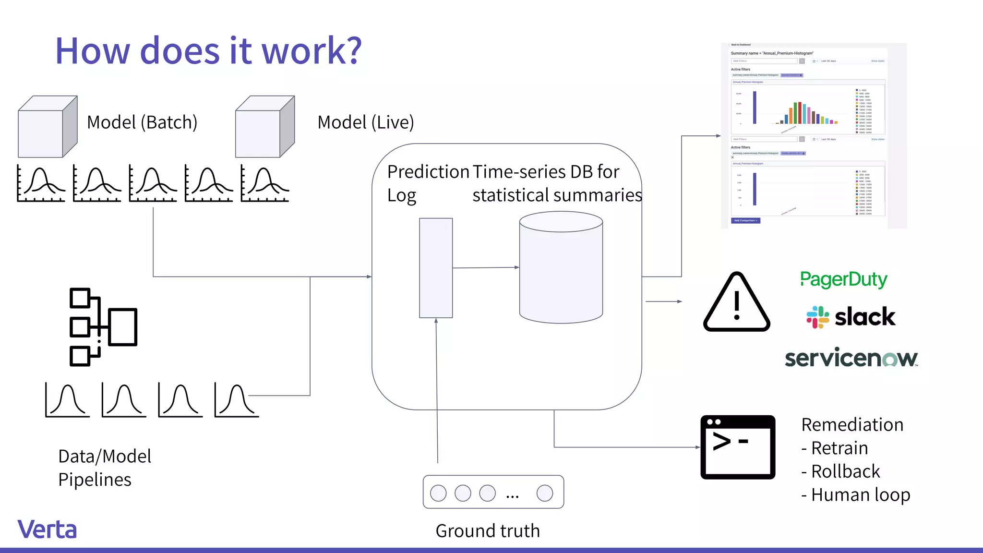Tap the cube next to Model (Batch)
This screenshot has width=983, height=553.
point(47,127)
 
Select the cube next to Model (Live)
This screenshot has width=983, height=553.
point(264,127)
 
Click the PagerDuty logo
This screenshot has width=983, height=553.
point(843,279)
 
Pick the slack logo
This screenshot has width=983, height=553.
point(851,317)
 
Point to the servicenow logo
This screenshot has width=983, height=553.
point(851,358)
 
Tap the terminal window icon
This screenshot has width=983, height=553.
point(738,447)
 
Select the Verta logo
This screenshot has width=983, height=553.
point(47,529)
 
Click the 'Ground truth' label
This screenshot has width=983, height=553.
point(488,531)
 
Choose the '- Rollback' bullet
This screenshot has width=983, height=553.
point(840,471)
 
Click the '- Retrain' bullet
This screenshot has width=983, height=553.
point(835,448)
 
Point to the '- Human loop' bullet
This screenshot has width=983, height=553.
point(856,495)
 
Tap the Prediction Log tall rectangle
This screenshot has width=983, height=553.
point(436,268)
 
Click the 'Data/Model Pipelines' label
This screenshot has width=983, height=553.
point(104,468)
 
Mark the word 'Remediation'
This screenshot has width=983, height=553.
point(852,425)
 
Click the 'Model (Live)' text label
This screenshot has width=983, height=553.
point(365,122)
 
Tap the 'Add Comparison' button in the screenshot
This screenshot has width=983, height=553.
point(745,221)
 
